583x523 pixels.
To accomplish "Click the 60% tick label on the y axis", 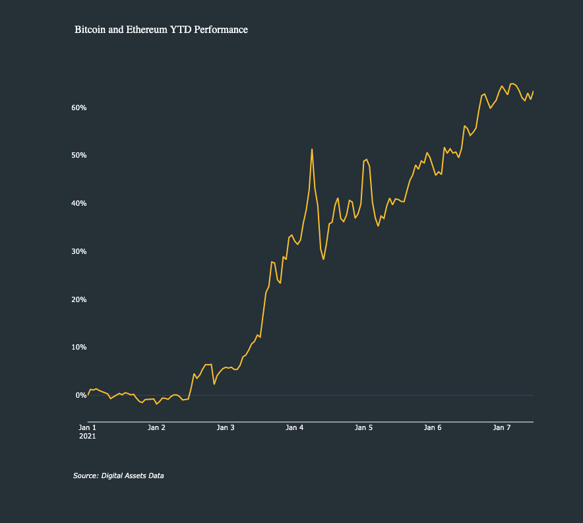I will point(79,108).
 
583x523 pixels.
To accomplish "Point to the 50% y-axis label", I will point(79,156).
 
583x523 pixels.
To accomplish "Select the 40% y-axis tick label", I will point(79,203).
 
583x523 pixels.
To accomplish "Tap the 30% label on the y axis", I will point(79,251).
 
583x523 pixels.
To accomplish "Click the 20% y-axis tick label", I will point(79,299).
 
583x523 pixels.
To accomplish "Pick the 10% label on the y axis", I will point(79,347).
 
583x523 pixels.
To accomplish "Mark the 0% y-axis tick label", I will point(81,395).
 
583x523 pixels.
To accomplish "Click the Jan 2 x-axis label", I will point(156,427).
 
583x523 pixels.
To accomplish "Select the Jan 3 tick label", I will point(226,427).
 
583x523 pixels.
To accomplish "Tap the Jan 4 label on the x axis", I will point(295,427).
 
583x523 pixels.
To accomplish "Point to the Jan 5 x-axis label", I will point(364,427).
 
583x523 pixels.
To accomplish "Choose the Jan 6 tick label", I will point(433,427).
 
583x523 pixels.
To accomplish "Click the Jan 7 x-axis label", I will point(502,427).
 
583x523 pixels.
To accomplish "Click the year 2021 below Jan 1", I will point(87,436).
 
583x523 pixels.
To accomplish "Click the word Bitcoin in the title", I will point(89,30).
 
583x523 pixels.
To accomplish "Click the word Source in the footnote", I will point(85,476).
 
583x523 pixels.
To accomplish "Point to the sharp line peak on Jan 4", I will point(312,149).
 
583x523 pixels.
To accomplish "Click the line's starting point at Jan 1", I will point(88,394).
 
